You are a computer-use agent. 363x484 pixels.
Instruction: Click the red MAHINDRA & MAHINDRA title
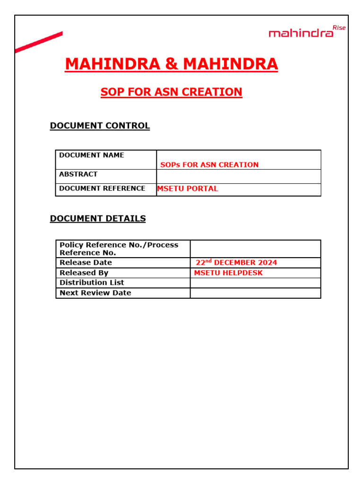pyautogui.click(x=171, y=64)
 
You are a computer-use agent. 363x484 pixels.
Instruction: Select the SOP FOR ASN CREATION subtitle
pyautogui.click(x=171, y=92)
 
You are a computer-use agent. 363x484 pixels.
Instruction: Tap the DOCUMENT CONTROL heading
pyautogui.click(x=100, y=126)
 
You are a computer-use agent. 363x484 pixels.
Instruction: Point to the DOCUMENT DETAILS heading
pyautogui.click(x=98, y=218)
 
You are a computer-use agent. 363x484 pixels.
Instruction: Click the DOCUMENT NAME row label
pyautogui.click(x=92, y=155)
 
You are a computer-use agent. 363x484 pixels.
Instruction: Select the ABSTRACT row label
pyautogui.click(x=78, y=174)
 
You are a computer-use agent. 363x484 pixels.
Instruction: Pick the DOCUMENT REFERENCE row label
pyautogui.click(x=102, y=188)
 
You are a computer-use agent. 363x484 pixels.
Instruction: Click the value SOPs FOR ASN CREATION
pyautogui.click(x=209, y=165)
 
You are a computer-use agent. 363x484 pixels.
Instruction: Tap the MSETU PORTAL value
pyautogui.click(x=188, y=189)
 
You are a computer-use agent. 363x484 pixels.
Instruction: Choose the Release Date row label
pyautogui.click(x=86, y=262)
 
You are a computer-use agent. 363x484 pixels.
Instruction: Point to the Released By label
pyautogui.click(x=84, y=273)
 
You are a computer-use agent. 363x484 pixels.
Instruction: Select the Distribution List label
pyautogui.click(x=92, y=283)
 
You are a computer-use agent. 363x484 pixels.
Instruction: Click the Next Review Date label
pyautogui.click(x=95, y=293)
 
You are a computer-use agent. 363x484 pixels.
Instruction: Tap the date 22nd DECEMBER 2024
pyautogui.click(x=236, y=262)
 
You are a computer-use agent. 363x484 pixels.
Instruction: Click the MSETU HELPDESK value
pyautogui.click(x=228, y=273)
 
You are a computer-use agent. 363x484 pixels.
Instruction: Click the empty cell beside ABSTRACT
pyautogui.click(x=239, y=176)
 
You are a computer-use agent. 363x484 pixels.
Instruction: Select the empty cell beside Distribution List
pyautogui.click(x=255, y=283)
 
